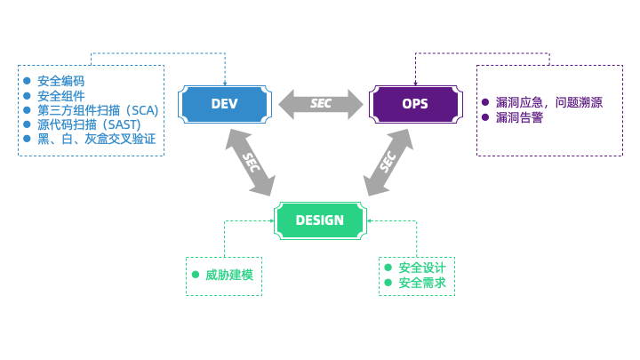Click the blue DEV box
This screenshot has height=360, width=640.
[x=224, y=104]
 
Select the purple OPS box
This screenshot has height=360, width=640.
[x=414, y=104]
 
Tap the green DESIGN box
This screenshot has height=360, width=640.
[x=319, y=220]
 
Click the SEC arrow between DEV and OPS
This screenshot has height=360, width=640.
[x=320, y=104]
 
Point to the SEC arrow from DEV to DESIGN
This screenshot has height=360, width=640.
[x=250, y=162]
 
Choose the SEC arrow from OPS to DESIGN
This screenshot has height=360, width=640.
[x=388, y=162]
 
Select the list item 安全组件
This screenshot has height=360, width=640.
[x=60, y=96]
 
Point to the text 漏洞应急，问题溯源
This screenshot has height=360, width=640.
[x=548, y=102]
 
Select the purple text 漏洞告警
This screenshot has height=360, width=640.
[x=519, y=117]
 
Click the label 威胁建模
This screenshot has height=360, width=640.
[x=229, y=275]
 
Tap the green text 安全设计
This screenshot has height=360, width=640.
[x=422, y=268]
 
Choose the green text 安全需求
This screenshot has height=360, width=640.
[x=422, y=284]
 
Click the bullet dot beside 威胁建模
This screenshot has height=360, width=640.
[x=195, y=275]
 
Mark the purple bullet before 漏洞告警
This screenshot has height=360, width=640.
[x=485, y=117]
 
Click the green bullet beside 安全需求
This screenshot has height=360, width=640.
[x=388, y=284]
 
